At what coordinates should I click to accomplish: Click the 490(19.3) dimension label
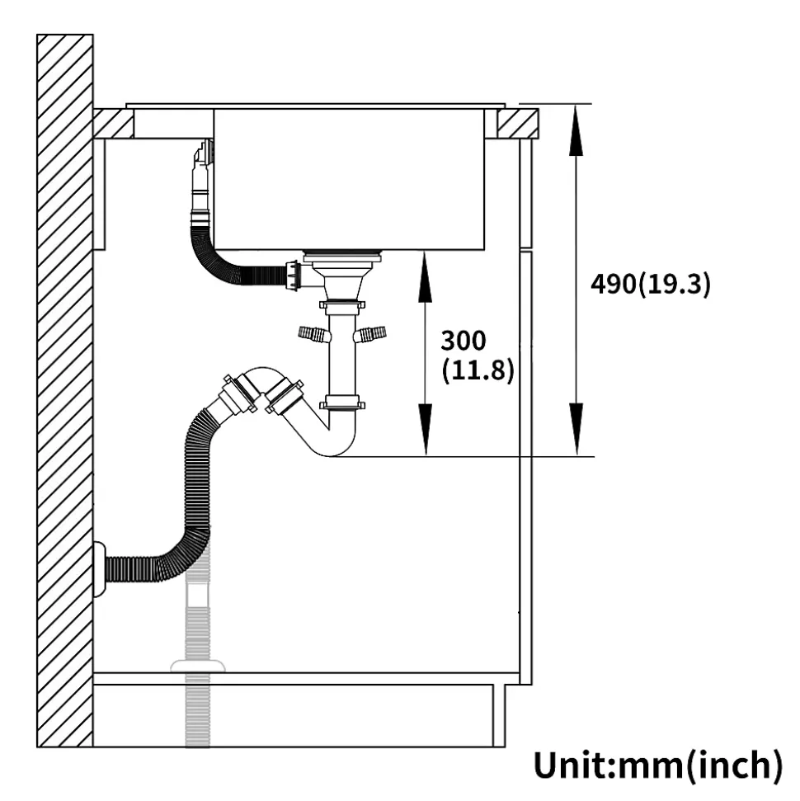tap(651, 284)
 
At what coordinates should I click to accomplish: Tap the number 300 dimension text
tap(464, 341)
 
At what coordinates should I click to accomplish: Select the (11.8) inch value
tap(478, 370)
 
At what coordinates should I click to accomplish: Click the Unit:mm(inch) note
tap(658, 765)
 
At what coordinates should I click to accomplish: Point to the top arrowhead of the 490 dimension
tap(576, 130)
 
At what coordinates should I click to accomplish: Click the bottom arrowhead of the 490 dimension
tap(576, 429)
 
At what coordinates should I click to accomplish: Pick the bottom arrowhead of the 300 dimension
tap(425, 429)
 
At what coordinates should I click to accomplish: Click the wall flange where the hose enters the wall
tap(100, 569)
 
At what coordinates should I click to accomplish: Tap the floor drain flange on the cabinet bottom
tap(198, 667)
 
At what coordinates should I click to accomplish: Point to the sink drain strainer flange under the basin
tap(341, 257)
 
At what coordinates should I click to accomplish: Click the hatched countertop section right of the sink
tap(518, 124)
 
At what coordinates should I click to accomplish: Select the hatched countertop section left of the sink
tap(114, 124)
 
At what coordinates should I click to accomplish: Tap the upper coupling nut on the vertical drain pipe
tap(342, 307)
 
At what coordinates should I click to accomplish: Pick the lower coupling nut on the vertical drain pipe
tap(342, 404)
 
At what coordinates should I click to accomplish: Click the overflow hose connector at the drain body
tap(294, 276)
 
